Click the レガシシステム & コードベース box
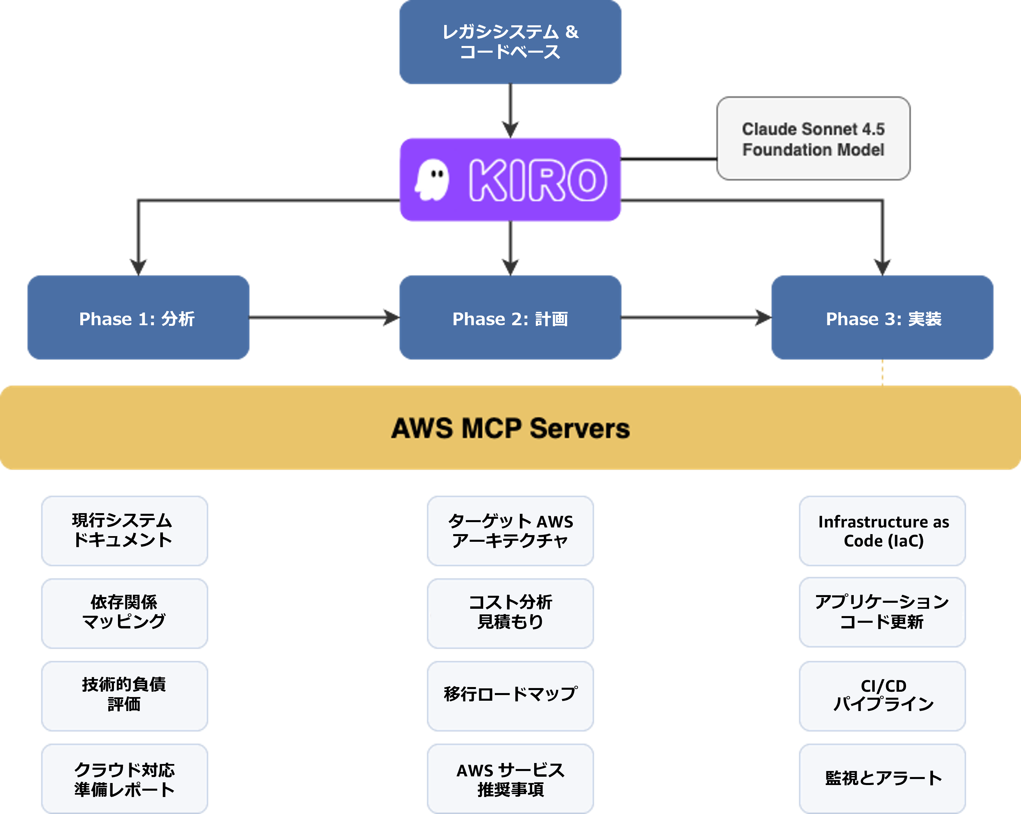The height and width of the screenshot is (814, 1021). coord(510,42)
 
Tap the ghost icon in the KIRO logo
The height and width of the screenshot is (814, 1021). coord(432,180)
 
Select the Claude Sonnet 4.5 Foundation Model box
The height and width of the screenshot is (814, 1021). coord(813,139)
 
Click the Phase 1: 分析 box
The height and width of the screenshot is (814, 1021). coord(138,318)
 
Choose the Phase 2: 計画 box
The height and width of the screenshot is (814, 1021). coord(510,318)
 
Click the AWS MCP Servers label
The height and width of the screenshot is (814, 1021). coord(510,428)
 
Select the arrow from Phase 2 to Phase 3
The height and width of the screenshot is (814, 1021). coord(696,318)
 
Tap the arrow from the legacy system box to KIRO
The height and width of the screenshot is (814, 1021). coord(510,111)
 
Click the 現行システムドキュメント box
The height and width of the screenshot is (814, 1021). coord(124,530)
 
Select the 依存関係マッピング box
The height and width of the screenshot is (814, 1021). coord(124,613)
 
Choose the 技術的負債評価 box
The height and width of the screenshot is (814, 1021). coord(124,695)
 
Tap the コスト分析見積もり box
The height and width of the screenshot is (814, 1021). coord(510,613)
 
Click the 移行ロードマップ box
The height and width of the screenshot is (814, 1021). coord(510,695)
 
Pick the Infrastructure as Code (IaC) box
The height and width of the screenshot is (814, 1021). coord(882,530)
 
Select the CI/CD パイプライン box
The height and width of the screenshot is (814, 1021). coord(882,695)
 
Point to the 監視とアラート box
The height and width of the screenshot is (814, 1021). coord(882,778)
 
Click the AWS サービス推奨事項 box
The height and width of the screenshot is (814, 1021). coord(510,778)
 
